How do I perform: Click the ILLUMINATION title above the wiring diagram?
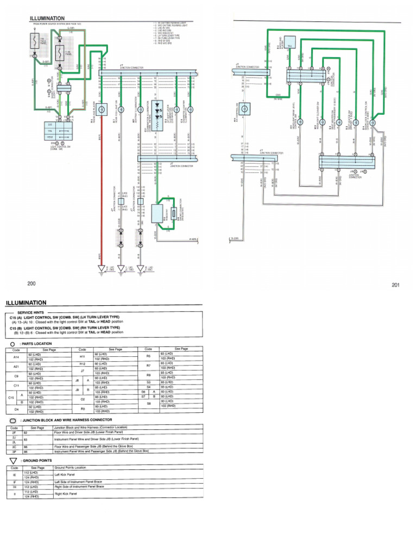(x=47, y=18)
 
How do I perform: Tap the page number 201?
(x=394, y=285)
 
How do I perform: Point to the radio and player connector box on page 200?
(x=100, y=110)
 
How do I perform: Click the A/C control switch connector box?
(x=245, y=110)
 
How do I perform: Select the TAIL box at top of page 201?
(x=289, y=46)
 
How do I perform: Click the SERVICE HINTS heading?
(x=33, y=313)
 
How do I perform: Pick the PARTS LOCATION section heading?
(x=36, y=344)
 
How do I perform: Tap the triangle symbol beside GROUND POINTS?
(x=12, y=460)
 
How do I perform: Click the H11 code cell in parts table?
(x=83, y=357)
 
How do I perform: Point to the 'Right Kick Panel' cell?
(x=66, y=494)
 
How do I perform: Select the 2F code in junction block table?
(x=14, y=432)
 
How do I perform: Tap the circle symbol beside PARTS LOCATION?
(x=12, y=344)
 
